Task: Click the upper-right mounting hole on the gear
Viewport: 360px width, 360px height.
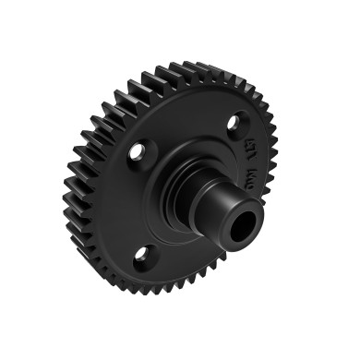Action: [237, 122]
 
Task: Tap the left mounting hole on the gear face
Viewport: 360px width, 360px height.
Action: [138, 150]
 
